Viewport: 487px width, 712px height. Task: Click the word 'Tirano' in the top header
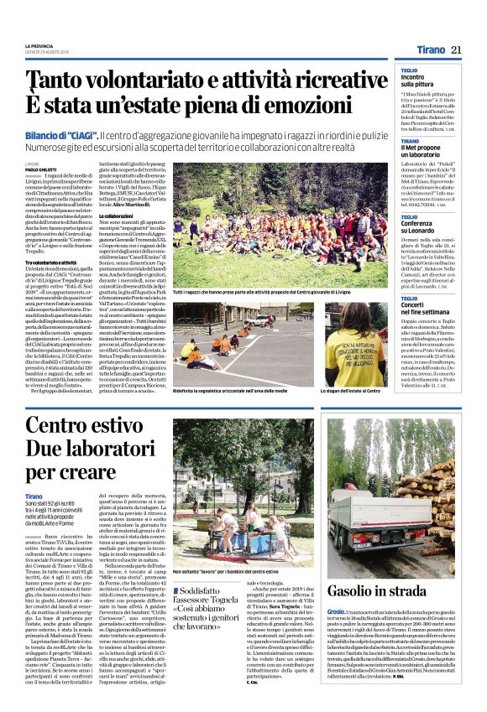[427, 50]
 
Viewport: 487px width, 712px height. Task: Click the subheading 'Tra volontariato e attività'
[56, 262]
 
